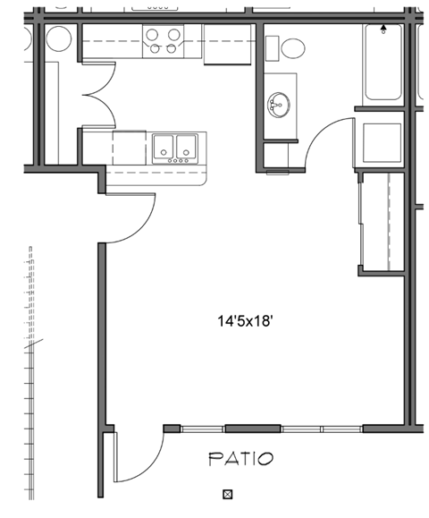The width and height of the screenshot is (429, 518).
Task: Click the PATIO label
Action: point(240,459)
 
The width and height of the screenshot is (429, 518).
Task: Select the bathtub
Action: point(384,63)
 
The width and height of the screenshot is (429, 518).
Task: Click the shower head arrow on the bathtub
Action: point(384,29)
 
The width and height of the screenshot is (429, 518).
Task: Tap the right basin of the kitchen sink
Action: point(185,146)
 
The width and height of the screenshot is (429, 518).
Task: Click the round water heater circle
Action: point(59,38)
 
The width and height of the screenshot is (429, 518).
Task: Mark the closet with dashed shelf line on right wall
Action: point(383,222)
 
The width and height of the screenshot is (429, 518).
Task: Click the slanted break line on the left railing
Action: point(36,344)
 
